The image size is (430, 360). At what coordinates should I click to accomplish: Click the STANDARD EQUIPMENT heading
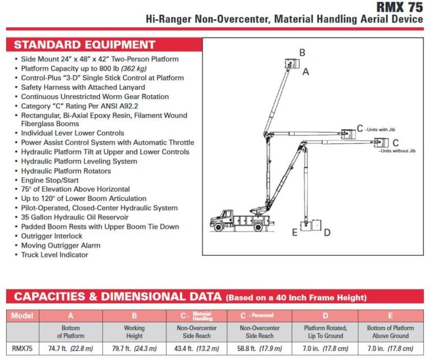(x=85, y=45)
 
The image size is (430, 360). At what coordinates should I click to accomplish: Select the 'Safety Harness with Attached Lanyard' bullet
(x=83, y=87)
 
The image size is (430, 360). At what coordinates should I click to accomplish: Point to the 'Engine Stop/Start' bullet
(x=50, y=180)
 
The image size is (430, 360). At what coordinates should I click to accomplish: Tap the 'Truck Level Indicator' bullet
(x=54, y=255)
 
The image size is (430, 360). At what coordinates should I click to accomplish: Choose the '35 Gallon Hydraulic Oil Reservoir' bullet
(x=74, y=217)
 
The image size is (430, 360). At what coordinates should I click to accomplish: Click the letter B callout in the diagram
(x=302, y=53)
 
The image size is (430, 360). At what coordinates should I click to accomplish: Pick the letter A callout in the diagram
(x=306, y=72)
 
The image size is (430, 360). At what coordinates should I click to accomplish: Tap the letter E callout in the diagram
(x=295, y=232)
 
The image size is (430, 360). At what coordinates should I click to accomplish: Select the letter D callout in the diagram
(x=327, y=232)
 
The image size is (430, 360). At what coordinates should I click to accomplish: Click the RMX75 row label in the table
(x=23, y=347)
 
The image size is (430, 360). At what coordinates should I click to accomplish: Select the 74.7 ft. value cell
(x=71, y=347)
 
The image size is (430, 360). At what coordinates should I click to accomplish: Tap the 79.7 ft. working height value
(x=134, y=347)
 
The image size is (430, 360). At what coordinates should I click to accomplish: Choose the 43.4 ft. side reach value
(x=197, y=347)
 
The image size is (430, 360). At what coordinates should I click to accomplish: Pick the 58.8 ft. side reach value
(x=260, y=347)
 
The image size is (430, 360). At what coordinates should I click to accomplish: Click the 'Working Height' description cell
(x=134, y=332)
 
